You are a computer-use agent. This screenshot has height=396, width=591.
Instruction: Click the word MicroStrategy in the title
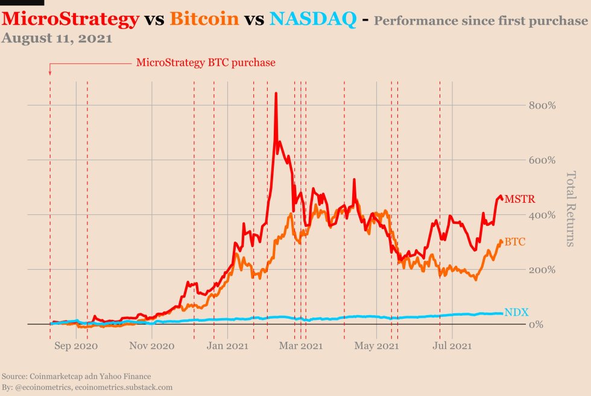tap(71, 19)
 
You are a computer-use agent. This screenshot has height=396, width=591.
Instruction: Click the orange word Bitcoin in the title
tap(204, 19)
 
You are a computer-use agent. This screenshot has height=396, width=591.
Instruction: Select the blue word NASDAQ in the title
tap(312, 19)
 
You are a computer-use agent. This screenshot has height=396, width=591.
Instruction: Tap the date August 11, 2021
tap(57, 39)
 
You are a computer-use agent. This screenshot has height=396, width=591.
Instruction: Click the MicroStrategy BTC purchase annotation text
tap(206, 62)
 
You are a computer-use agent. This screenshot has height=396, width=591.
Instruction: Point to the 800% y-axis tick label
tap(542, 106)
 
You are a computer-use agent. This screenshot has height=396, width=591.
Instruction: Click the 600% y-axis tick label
tap(542, 161)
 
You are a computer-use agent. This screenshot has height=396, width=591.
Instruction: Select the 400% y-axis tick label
tap(542, 215)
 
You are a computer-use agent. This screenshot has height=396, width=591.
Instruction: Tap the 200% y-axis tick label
tap(542, 270)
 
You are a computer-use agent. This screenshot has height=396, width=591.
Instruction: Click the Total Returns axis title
tap(570, 209)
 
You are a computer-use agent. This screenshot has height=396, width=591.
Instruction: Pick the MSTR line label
tap(519, 199)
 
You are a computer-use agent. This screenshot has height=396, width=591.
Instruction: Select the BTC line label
tap(514, 242)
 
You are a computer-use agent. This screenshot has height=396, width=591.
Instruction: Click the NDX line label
tap(516, 312)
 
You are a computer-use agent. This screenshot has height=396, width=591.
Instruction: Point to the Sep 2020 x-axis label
tap(75, 346)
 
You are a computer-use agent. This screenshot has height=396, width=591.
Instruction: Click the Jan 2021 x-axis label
tap(227, 346)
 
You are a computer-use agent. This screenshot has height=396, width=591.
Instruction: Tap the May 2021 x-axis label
tap(376, 346)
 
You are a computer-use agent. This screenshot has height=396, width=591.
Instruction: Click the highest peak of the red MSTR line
tap(276, 94)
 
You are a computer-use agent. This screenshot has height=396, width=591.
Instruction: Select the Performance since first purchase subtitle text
tap(480, 22)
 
